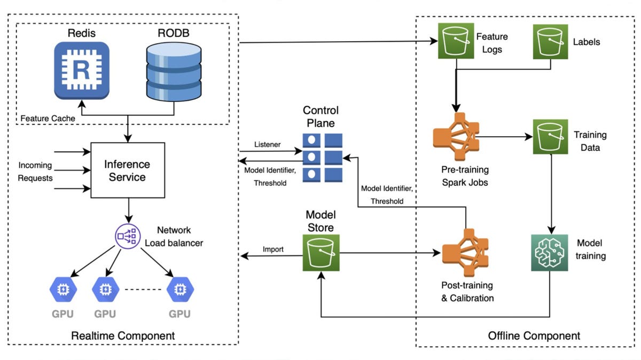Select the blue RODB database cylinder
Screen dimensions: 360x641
coord(174,71)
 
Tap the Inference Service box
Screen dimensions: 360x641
coord(128,170)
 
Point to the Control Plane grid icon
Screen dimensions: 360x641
coord(322,157)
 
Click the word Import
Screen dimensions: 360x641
coord(273,249)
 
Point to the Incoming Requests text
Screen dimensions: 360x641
coord(35,171)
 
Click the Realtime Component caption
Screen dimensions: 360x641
coord(123,336)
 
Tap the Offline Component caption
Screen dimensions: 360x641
coord(534,336)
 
